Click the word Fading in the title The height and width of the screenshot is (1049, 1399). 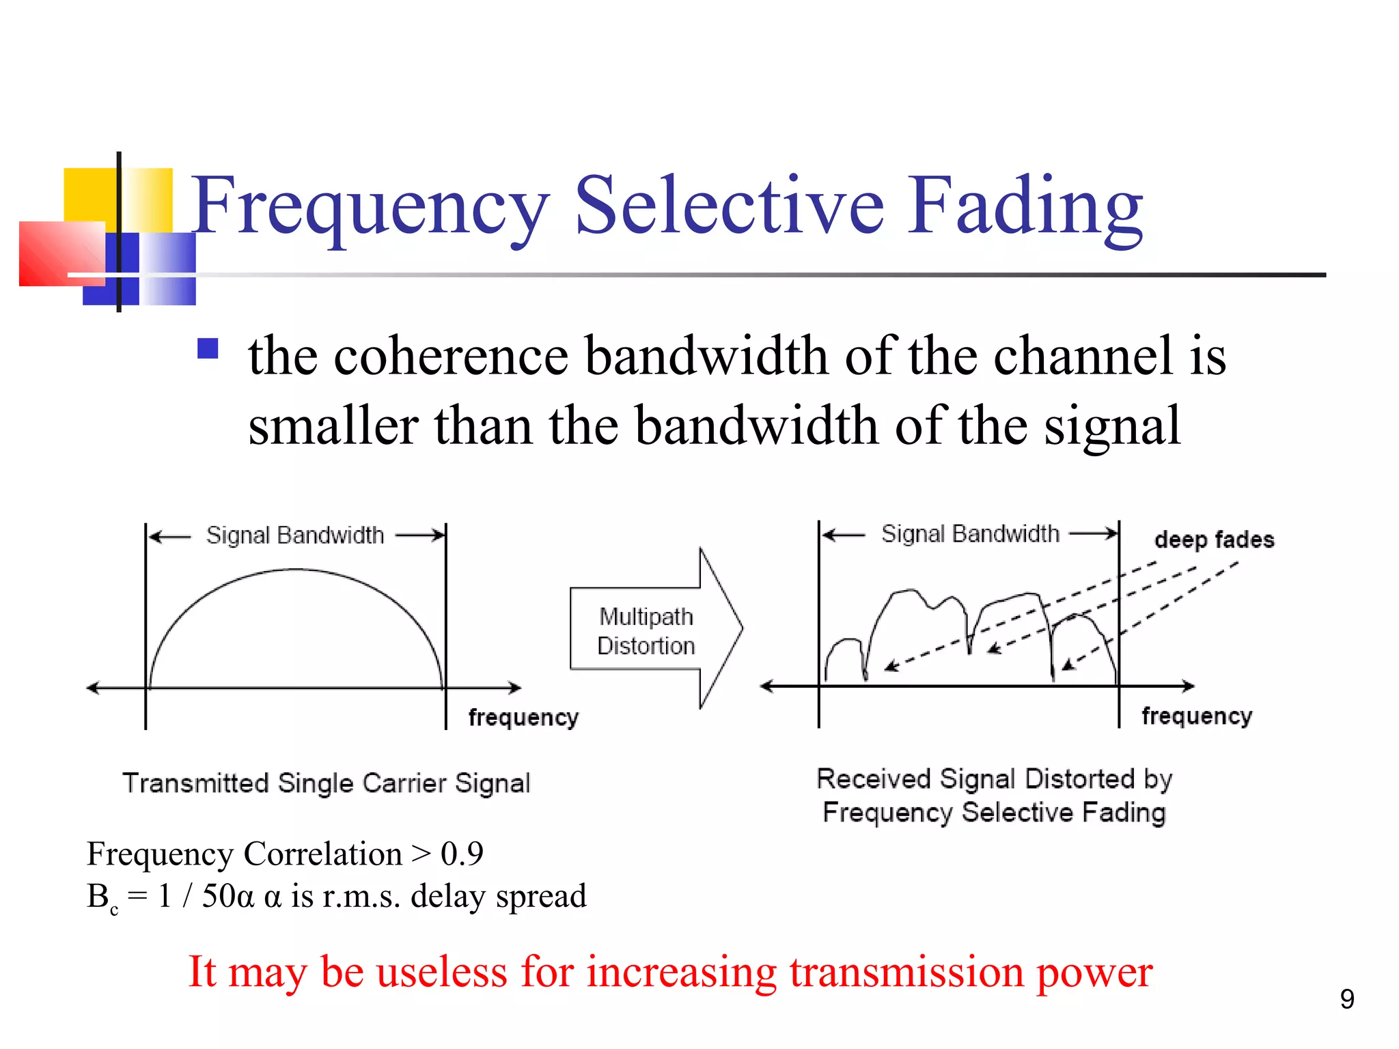1025,205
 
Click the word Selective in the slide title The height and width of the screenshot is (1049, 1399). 730,205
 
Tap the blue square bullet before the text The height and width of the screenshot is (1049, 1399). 208,348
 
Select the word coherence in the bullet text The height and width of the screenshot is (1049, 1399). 451,356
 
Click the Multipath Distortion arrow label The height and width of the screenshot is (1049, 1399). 646,631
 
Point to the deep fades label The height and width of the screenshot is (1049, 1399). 1214,540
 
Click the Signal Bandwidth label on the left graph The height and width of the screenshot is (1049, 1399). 295,535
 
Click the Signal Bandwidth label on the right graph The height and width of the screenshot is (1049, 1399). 970,534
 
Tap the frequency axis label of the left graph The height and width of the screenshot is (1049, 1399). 523,717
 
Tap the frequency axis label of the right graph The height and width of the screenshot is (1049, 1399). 1197,716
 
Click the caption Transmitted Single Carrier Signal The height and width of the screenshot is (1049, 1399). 326,783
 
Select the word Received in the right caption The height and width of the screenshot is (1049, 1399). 874,779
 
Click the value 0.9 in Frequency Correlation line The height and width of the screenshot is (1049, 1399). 462,854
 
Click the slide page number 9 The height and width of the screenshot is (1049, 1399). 1346,999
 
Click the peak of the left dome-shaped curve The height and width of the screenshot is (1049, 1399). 295,569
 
